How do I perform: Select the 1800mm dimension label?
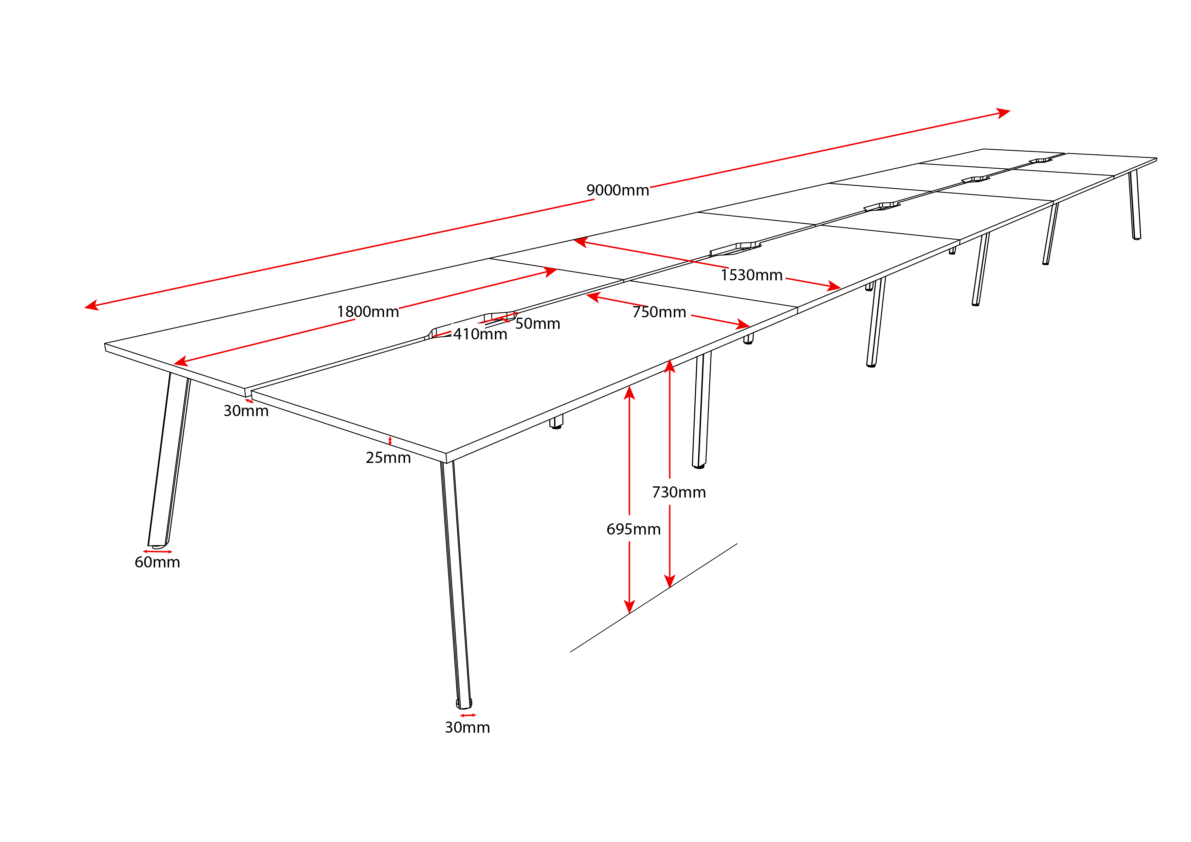click(368, 312)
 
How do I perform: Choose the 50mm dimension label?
click(537, 324)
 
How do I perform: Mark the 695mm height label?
click(634, 529)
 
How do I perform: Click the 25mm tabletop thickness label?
click(388, 458)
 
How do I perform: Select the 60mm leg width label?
click(157, 563)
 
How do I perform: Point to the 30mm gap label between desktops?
click(246, 411)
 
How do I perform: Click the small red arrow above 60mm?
click(158, 551)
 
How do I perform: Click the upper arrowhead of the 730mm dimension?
click(670, 366)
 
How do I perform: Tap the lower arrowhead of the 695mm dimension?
click(629, 607)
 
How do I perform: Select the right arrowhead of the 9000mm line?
click(1003, 113)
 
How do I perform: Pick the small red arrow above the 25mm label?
click(390, 441)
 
